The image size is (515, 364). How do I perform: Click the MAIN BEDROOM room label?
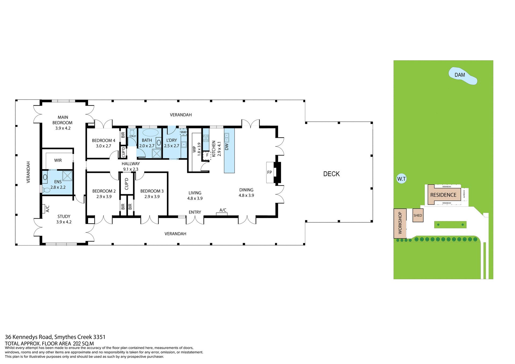coord(62,120)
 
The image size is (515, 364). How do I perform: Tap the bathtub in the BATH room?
coord(150,133)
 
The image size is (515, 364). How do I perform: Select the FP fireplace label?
coord(270,172)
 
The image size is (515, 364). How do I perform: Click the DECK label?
coord(331,174)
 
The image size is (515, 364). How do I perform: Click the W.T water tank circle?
coord(401,179)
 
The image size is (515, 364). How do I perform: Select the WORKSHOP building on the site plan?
coord(400,223)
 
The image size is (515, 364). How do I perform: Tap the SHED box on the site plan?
coord(418,215)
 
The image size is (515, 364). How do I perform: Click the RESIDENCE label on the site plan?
coord(443,195)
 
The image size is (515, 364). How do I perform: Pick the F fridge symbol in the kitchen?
coord(207,155)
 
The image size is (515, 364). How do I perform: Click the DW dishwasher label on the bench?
coord(227,147)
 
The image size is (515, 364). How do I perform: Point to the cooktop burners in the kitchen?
coord(206,138)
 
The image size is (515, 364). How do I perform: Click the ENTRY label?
coord(195,212)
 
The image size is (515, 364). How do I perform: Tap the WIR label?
coord(58,160)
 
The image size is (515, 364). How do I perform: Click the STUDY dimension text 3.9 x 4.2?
coord(64,222)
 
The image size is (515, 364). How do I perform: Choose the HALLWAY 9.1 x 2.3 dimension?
coord(131,169)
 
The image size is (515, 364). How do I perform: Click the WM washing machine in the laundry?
coord(183,132)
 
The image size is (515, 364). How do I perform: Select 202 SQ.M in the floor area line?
coord(83,344)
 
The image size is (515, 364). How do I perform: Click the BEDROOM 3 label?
coord(152,191)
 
